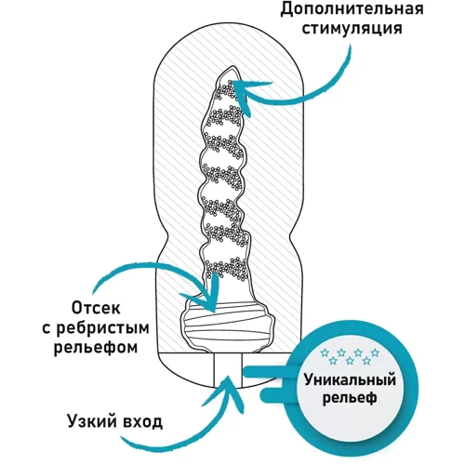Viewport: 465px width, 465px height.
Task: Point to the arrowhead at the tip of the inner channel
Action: (x=240, y=89)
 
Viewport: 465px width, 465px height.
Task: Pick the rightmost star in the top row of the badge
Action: (x=376, y=352)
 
